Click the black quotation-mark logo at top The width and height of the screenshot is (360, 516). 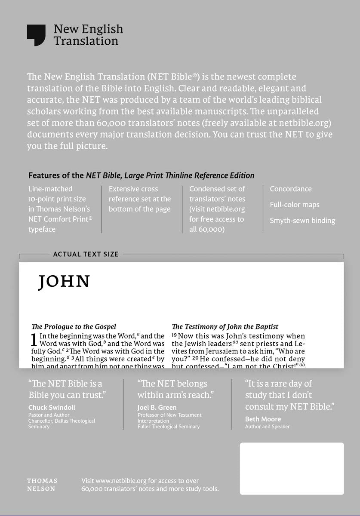click(x=36, y=35)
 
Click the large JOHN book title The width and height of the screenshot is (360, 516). click(x=64, y=282)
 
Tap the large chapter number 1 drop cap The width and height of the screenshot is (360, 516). click(x=35, y=341)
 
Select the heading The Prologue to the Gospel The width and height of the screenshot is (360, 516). click(x=74, y=327)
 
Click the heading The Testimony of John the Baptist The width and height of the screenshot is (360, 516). click(x=225, y=327)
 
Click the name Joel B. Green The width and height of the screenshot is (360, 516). click(x=157, y=408)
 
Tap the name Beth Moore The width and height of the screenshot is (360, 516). click(x=263, y=419)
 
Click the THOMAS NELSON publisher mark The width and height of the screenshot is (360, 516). click(x=42, y=485)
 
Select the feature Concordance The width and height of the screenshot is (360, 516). click(x=291, y=189)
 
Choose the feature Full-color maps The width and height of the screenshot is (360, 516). click(x=295, y=205)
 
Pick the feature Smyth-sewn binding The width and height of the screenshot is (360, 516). click(x=302, y=221)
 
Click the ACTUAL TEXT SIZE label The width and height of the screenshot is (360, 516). click(x=86, y=254)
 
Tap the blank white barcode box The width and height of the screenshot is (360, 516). click(x=292, y=468)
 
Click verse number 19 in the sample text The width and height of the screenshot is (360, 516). click(x=174, y=335)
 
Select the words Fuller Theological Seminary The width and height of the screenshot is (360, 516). click(x=169, y=427)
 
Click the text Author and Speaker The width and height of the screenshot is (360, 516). click(x=267, y=427)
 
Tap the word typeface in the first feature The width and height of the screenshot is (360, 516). click(x=42, y=229)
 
